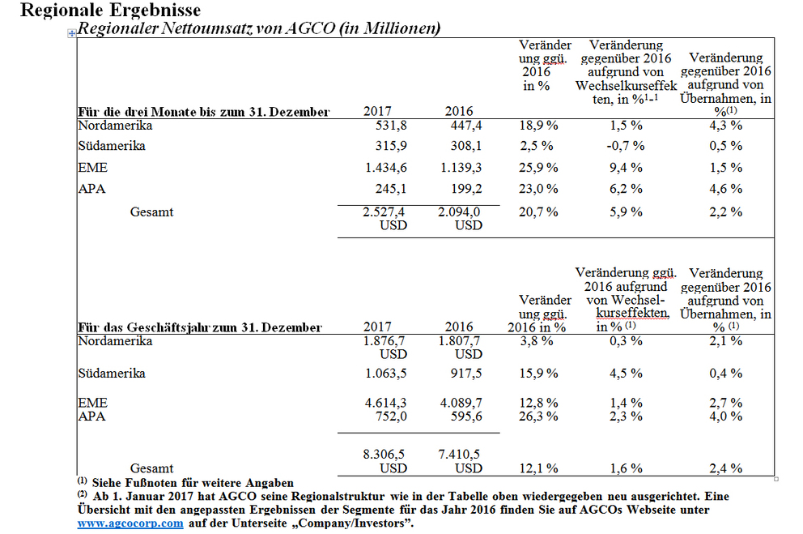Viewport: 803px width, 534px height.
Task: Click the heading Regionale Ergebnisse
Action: point(111,10)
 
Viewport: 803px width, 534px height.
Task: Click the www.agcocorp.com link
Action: point(130,523)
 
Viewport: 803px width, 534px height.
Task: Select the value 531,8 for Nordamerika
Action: point(391,126)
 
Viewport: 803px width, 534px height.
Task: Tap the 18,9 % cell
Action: point(538,126)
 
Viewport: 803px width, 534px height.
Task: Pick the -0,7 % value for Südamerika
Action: point(625,146)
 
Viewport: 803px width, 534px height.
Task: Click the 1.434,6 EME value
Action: point(386,168)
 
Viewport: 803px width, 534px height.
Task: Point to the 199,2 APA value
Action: point(466,189)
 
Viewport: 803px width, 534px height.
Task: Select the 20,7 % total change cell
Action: point(538,211)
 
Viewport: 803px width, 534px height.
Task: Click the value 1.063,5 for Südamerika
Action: point(386,373)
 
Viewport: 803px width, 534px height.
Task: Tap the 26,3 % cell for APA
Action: point(538,417)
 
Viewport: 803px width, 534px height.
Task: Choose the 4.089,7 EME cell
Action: point(461,403)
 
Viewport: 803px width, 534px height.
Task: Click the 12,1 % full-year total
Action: point(538,468)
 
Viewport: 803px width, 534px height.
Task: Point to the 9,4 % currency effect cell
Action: point(626,168)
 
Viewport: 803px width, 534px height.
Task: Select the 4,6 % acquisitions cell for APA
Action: point(725,189)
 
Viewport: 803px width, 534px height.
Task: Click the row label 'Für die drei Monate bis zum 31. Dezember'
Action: point(204,112)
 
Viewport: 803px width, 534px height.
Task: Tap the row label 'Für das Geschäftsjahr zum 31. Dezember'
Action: point(200,327)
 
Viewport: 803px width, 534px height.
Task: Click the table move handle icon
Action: point(72,33)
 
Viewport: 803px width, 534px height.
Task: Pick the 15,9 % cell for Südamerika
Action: point(538,373)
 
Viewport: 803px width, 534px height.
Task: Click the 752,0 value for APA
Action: point(391,417)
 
